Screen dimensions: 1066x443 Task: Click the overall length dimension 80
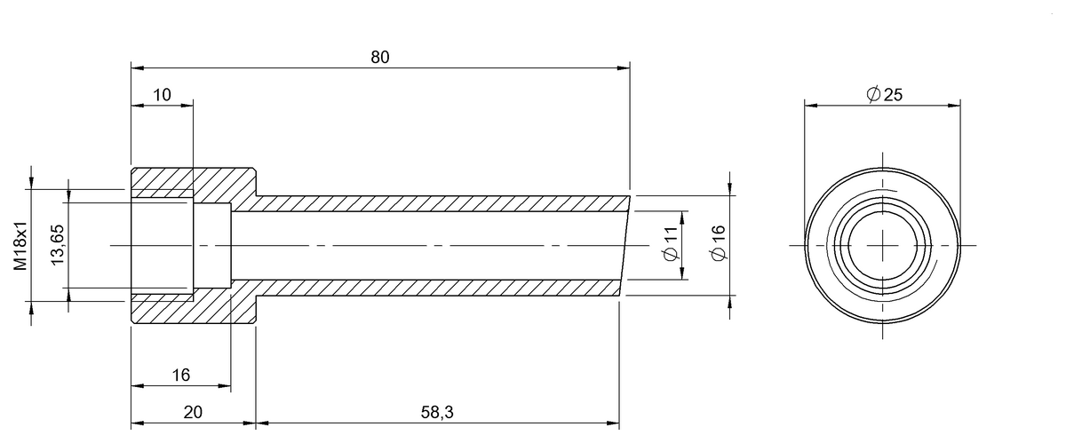coord(380,57)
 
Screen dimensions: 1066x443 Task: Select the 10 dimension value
coord(162,95)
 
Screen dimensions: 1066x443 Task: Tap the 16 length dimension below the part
coord(181,375)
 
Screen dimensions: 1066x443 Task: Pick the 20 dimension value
coord(193,412)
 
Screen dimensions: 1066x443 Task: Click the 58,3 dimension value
coord(437,412)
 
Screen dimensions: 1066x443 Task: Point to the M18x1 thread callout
coord(20,246)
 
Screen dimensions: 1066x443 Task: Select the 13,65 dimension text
coord(57,245)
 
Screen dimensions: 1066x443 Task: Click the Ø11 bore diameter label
coord(671,243)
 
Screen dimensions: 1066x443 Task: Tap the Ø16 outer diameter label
coord(719,243)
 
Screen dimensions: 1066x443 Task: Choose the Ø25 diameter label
coord(884,94)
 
